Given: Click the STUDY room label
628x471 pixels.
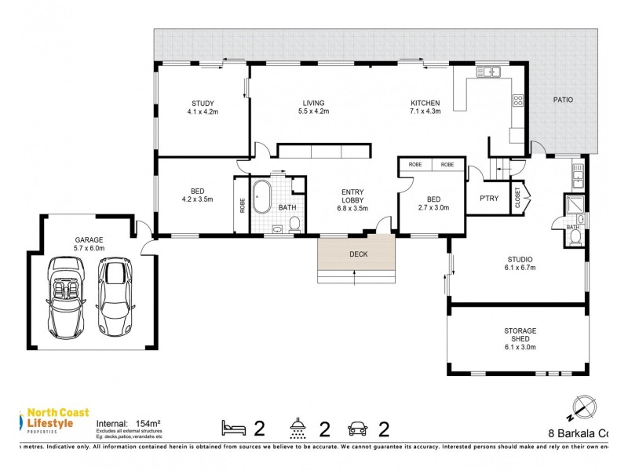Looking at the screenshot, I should [203, 103].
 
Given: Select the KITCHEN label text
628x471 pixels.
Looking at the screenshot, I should [425, 103].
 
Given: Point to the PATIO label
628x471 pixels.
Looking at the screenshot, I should [562, 100].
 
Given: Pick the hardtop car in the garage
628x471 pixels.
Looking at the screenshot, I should [114, 295].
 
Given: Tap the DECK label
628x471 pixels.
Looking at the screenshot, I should [357, 254].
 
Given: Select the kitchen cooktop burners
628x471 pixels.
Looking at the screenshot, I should [518, 100].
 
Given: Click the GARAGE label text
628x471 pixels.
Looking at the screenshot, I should [89, 239].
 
